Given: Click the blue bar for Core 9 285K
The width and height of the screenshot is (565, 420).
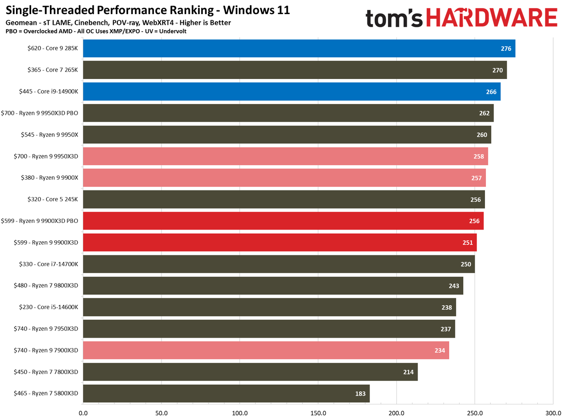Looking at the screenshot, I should (299, 48).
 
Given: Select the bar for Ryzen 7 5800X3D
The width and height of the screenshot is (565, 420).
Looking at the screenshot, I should (226, 394).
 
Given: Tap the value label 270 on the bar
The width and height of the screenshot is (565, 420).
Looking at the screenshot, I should (498, 70).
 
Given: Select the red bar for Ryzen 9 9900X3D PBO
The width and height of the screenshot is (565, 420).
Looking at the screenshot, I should (283, 221).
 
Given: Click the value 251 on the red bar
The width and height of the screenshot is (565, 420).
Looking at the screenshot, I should (468, 243).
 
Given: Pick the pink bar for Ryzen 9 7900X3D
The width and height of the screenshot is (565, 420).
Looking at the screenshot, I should (266, 350).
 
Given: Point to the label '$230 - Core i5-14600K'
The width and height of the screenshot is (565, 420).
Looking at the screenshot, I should (46, 307).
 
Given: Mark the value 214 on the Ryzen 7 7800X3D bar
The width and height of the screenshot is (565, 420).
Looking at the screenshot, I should (408, 372).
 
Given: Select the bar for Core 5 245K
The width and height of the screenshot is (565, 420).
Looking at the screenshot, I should (283, 199).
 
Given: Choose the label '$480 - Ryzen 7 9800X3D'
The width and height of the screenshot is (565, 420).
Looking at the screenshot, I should (46, 285).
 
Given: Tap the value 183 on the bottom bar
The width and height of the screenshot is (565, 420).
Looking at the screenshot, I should (360, 394).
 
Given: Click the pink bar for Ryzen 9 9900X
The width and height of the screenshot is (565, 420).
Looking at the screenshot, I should (284, 178).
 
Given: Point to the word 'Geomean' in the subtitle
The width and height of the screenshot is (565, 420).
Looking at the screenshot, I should (20, 23).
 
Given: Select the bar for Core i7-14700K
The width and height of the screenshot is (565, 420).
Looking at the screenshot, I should (279, 264).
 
